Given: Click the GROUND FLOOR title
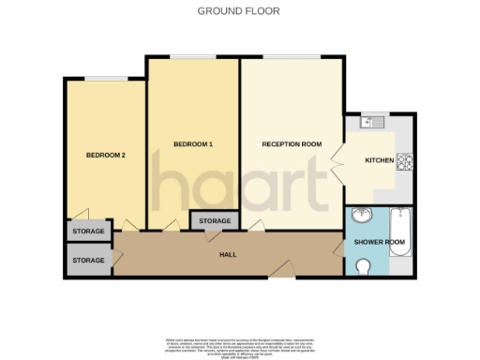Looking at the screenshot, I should tap(239, 11).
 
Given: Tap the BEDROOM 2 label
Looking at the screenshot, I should tap(105, 155).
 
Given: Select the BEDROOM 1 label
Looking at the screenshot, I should tap(193, 143).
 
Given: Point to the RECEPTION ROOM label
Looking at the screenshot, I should tap(292, 144).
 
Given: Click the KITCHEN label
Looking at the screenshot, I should tap(379, 161).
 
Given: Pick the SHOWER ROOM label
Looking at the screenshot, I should tap(379, 242).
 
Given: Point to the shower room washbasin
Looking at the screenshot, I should tap(359, 217).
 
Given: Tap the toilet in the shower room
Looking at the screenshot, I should tap(365, 267).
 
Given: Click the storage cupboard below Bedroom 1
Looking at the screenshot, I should tap(214, 220).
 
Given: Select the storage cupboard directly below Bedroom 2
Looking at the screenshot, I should tap(89, 230).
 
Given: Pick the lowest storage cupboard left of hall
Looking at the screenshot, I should tap(89, 260).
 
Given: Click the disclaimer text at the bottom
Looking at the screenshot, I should tap(239, 344).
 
